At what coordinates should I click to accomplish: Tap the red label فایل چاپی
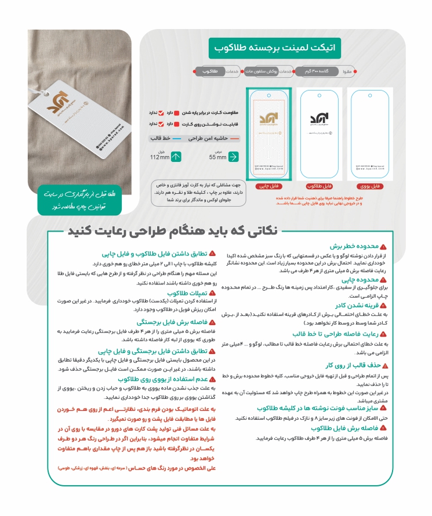[265, 186]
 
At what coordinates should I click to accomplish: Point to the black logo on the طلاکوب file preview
[317, 117]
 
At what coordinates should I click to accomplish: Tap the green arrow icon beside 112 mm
[176, 157]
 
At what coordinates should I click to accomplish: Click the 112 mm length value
[159, 158]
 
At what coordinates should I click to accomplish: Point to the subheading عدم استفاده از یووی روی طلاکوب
[162, 380]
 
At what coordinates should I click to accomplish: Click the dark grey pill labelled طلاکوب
[209, 71]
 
